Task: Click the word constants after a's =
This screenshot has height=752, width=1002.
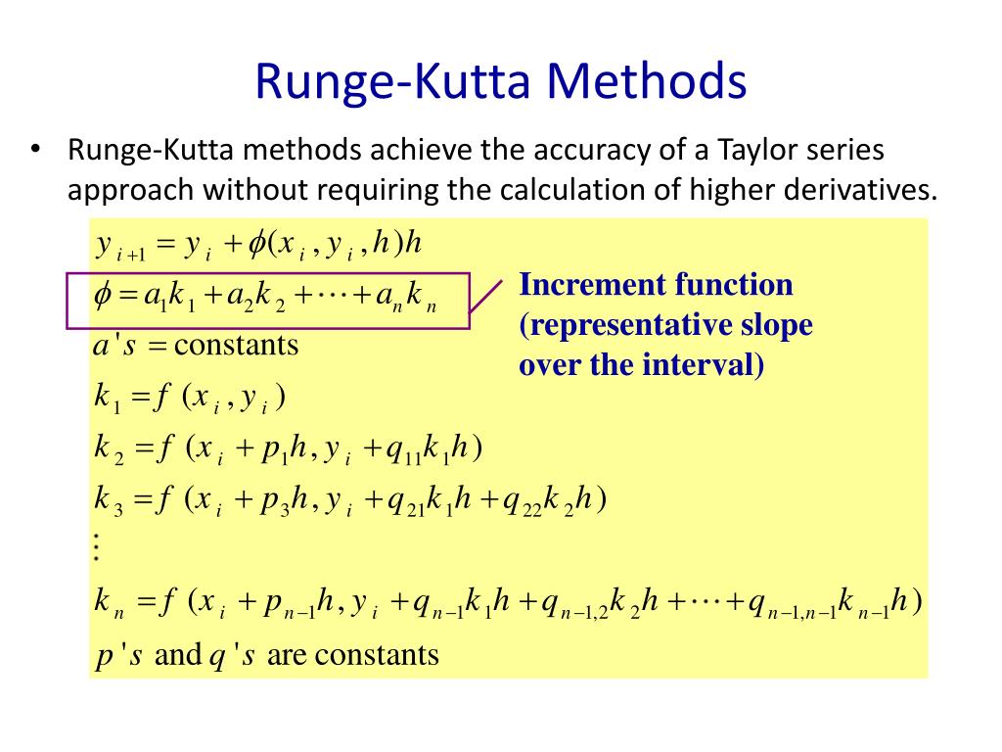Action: (236, 345)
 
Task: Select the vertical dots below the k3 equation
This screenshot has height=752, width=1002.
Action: (96, 545)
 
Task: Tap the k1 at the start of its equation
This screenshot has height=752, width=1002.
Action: (104, 398)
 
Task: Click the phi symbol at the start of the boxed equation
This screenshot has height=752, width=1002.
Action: (104, 297)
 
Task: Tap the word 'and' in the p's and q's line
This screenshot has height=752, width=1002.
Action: (177, 654)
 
